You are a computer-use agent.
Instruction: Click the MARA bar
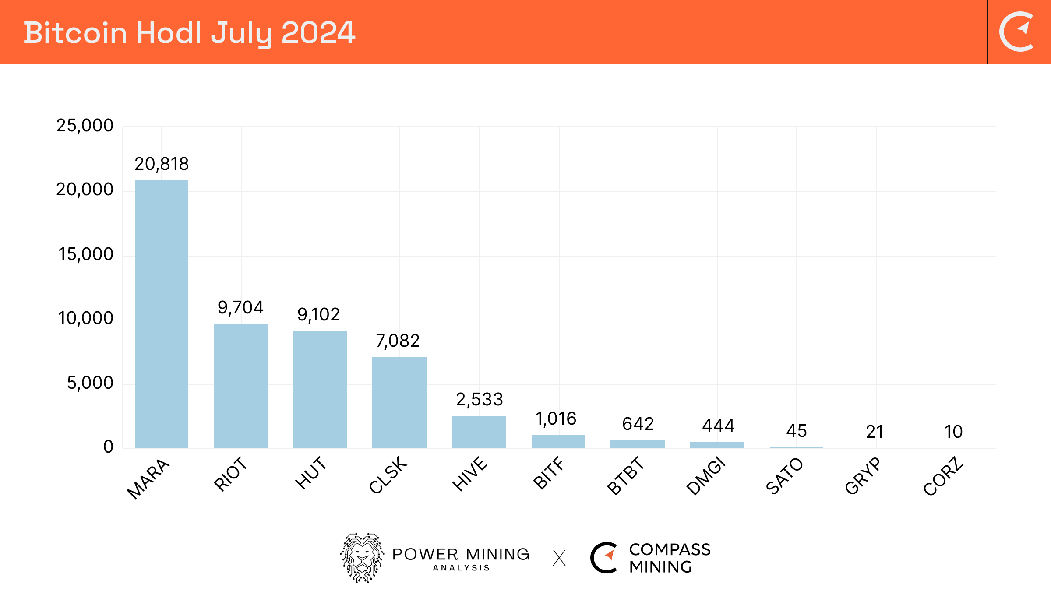point(162,314)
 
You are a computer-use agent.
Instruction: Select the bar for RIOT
point(241,386)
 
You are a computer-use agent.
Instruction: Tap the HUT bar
point(320,390)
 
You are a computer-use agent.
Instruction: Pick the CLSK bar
point(399,403)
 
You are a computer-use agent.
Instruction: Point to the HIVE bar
point(479,432)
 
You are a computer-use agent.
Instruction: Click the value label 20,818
point(162,164)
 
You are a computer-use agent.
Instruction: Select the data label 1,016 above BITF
point(556,419)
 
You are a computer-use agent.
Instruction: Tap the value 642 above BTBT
point(638,424)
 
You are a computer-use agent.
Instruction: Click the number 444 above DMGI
point(718,426)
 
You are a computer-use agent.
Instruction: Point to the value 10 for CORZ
point(953,432)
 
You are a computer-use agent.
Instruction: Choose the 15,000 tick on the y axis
point(86,254)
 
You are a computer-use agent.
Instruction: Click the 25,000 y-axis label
point(85,126)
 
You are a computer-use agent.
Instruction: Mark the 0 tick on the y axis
point(108,447)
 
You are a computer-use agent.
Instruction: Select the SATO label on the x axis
point(784,475)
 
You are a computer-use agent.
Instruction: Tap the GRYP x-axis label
point(863,475)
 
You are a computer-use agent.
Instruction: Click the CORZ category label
point(943,476)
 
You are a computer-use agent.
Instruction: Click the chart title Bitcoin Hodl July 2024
point(189,33)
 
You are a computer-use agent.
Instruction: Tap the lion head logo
point(362,558)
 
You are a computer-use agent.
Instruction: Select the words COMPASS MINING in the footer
point(669,558)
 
